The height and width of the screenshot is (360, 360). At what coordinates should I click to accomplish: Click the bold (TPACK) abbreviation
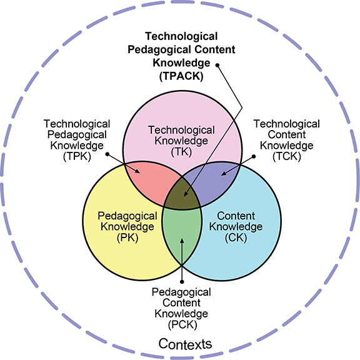point(181,76)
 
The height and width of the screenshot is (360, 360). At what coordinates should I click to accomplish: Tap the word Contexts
point(185,344)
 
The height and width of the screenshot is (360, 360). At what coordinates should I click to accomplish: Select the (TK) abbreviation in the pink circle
point(181,152)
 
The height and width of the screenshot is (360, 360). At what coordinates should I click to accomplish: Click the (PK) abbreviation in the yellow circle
point(127,237)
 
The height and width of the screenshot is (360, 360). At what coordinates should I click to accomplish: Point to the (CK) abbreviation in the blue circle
point(236,237)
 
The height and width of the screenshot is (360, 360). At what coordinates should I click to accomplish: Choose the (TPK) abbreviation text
point(77,157)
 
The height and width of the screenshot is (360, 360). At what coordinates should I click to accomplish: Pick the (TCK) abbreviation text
point(287,157)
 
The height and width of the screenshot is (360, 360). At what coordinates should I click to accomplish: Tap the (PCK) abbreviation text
point(182,324)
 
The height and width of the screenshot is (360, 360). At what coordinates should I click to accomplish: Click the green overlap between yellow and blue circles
point(182,232)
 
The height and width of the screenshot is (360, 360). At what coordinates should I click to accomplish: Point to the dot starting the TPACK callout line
point(217,66)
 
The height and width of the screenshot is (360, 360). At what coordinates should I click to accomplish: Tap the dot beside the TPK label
point(107,154)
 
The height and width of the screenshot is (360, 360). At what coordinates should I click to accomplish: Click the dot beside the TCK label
point(254,156)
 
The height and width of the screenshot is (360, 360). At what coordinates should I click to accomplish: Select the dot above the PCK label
point(182,282)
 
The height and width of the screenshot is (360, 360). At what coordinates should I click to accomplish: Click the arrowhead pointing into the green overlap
point(182,241)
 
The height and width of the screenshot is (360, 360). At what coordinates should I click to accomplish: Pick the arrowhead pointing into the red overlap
point(137,171)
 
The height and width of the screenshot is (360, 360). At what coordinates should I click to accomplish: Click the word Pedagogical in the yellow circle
point(127,216)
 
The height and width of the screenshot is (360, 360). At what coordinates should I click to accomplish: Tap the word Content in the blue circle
point(236,216)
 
